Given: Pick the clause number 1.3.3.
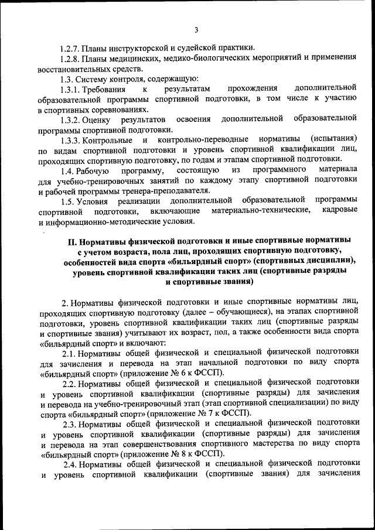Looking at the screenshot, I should (70, 139).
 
